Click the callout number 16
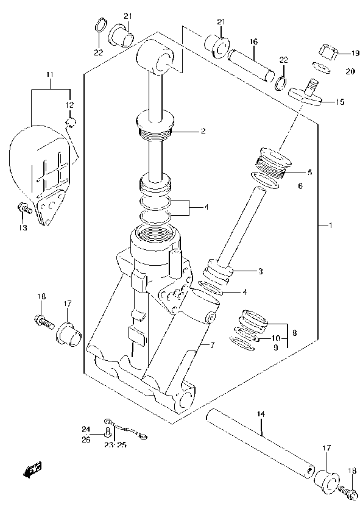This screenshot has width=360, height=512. click(253, 41)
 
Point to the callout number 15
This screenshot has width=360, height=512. click(339, 102)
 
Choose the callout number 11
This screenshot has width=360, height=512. click(50, 75)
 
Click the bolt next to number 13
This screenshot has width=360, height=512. click(24, 209)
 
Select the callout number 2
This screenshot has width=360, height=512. click(203, 131)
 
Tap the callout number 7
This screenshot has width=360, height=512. click(213, 346)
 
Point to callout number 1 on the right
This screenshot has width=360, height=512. click(330, 226)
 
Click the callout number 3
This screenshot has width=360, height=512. click(244, 271)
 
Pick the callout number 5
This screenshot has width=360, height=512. click(309, 172)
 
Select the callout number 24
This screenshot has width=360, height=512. click(86, 428)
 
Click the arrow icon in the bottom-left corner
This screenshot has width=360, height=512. click(32, 469)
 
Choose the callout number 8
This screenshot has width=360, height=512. click(294, 333)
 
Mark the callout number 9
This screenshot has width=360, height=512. click(275, 347)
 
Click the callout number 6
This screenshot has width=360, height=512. click(300, 187)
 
